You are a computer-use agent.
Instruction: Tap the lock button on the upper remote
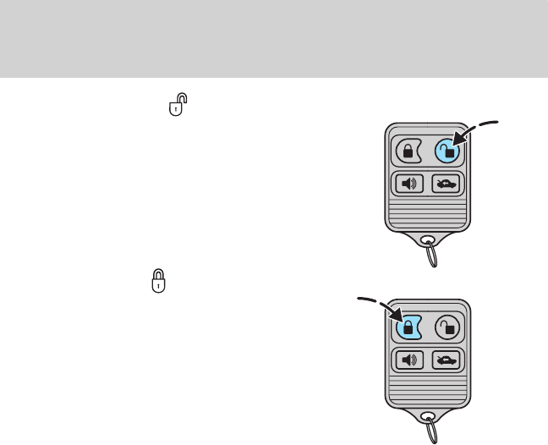(x=408, y=151)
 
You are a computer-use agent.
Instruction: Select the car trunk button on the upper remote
(x=447, y=184)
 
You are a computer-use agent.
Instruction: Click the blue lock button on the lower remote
(x=408, y=327)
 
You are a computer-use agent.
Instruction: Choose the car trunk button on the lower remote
(x=447, y=359)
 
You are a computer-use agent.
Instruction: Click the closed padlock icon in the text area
(x=158, y=282)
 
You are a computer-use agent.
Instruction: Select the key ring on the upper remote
(x=433, y=253)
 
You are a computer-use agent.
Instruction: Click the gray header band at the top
(x=274, y=37)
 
